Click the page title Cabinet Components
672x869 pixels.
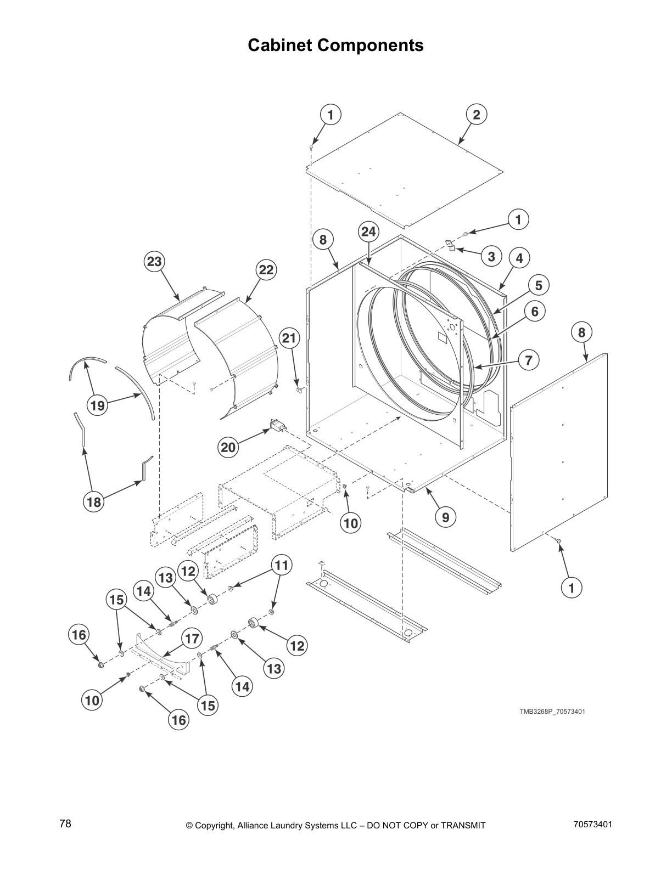335,45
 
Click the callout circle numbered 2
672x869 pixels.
476,114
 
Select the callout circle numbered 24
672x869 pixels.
368,232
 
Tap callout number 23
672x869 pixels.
154,262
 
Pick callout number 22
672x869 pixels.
266,270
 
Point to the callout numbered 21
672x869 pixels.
289,338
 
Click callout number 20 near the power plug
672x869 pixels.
228,447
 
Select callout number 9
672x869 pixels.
445,516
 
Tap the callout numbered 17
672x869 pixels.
192,639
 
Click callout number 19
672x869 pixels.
97,405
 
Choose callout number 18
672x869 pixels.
94,501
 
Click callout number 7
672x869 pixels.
528,360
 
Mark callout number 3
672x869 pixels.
491,256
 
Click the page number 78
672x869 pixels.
65,824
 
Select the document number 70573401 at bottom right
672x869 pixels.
592,824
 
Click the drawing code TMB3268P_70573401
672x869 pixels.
552,712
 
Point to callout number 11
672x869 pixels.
281,565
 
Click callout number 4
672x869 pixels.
519,257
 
